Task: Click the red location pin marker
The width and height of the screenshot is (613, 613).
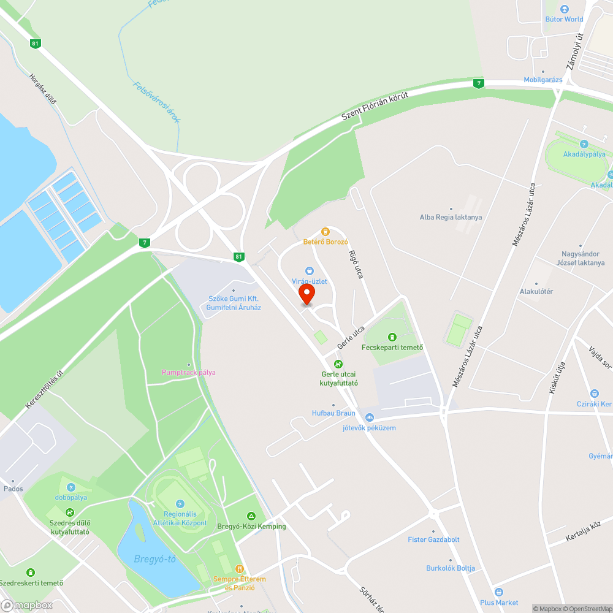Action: [305, 295]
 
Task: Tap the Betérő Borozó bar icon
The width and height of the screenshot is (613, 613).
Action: [326, 232]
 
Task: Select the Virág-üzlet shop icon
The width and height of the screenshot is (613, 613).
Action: [310, 271]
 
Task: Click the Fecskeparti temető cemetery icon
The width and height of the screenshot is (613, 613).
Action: [392, 337]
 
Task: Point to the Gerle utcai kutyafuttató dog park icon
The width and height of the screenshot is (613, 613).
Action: [338, 364]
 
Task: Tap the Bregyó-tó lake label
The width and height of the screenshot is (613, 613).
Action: [155, 559]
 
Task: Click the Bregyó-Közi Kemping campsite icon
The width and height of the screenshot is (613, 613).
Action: [251, 516]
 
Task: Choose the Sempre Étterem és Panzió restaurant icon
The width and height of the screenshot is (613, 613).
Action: [239, 569]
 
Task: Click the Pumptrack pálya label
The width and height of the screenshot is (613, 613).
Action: [188, 372]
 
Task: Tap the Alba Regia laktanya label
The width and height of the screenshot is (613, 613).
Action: [451, 217]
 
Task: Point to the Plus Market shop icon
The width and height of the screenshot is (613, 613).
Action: [499, 592]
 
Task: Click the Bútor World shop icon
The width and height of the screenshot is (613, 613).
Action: [565, 9]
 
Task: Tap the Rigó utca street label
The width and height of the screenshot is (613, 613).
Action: [356, 265]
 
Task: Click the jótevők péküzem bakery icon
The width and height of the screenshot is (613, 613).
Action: [369, 417]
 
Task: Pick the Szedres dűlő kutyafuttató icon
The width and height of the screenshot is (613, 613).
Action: [70, 512]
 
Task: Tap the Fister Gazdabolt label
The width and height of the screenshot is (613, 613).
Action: [433, 539]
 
